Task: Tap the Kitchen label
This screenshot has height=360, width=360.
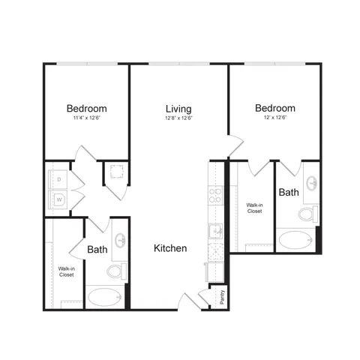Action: tap(170, 248)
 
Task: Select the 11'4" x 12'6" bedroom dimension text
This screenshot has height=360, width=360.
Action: tap(86, 118)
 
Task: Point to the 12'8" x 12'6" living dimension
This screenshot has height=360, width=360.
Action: tap(178, 118)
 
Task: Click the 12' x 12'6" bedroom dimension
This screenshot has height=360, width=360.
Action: tap(274, 118)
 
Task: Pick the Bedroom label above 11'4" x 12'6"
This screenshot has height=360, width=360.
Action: tap(86, 107)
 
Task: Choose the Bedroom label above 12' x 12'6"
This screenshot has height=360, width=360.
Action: tap(274, 107)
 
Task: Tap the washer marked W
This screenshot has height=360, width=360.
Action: tap(57, 200)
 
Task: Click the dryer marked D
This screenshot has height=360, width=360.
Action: tap(57, 180)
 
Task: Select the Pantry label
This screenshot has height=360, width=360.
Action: tap(222, 295)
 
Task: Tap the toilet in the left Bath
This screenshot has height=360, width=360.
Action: tap(114, 271)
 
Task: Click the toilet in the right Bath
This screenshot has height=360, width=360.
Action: tap(306, 215)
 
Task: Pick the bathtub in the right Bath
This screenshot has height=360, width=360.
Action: tap(298, 241)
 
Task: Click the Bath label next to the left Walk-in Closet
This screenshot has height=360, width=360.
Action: tap(97, 249)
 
